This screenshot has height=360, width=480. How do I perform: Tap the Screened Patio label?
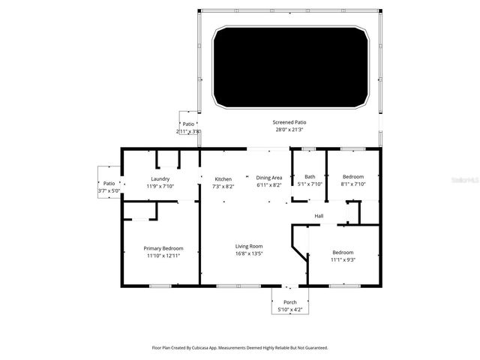[x=289, y=122]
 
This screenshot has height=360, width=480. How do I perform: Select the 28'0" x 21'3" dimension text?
[x=289, y=130]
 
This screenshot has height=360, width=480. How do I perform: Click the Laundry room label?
[x=160, y=178]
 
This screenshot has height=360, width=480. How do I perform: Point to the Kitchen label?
[x=223, y=178]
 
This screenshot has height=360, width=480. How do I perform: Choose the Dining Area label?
[x=269, y=178]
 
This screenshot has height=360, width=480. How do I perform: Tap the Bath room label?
[x=310, y=176]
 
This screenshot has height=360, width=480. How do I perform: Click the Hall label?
[x=319, y=216]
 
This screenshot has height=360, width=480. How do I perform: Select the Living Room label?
[x=250, y=246]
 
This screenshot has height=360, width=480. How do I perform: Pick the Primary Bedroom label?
[x=163, y=247]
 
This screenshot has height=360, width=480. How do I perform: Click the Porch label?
[x=289, y=302]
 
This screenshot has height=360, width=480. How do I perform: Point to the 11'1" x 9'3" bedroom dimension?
[x=343, y=259]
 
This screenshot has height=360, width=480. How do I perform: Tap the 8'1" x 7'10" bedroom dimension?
[x=353, y=184]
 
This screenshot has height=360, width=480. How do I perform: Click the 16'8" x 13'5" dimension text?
[x=250, y=253]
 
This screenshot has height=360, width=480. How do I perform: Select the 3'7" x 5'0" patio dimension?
[x=109, y=190]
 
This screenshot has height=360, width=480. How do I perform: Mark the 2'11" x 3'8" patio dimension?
[x=187, y=130]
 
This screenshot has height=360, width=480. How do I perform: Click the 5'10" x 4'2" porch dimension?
[x=289, y=310]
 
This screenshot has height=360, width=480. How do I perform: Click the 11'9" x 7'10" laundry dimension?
[x=160, y=186]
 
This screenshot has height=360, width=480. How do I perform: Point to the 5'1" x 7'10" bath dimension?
[x=310, y=184]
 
